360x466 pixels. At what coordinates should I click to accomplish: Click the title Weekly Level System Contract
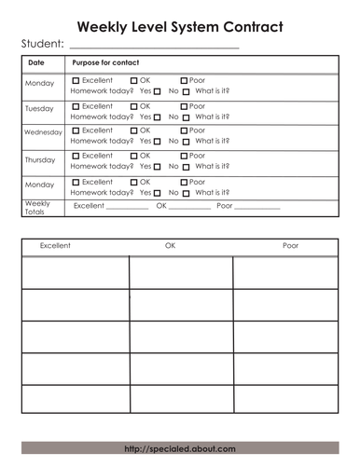point(180,27)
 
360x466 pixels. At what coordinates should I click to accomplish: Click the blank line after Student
point(154,46)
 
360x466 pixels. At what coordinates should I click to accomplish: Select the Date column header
point(36,62)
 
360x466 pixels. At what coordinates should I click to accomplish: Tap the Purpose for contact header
point(105,62)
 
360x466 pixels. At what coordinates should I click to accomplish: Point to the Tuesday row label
point(39,109)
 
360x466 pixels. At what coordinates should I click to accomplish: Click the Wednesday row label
point(43,132)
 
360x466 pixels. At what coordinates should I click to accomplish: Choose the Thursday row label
point(40,159)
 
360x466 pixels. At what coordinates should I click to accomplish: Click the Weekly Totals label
point(37,207)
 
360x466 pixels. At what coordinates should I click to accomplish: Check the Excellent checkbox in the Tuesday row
point(76,106)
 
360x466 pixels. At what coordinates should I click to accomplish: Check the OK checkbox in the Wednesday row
point(134,130)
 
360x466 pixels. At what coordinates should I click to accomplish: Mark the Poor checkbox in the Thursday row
point(184,156)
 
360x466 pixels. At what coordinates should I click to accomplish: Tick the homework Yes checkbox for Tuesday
point(157,117)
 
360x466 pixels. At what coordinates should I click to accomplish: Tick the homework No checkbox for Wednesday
point(186,142)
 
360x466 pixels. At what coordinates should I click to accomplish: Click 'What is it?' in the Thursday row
point(213,167)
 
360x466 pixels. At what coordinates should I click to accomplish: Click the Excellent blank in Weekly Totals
point(127,208)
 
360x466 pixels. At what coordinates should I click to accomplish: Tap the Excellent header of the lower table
point(55,246)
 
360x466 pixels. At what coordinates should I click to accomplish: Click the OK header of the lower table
point(170,246)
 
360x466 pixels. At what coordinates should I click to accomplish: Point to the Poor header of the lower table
point(291,246)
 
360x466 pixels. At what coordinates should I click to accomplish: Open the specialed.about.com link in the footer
point(180,448)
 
